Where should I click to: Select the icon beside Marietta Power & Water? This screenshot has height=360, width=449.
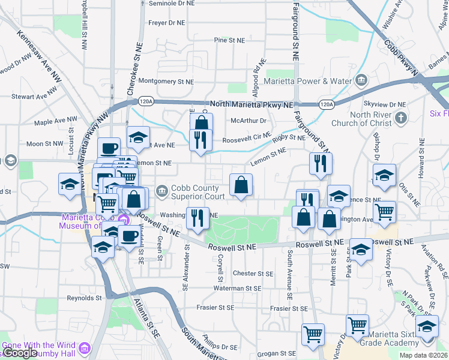click(361, 80)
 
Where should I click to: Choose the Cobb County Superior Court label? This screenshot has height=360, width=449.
click(198, 191)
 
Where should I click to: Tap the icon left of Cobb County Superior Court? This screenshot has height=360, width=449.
click(161, 191)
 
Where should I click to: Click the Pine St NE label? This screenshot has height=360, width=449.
click(230, 41)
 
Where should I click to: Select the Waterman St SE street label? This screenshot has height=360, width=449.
click(238, 289)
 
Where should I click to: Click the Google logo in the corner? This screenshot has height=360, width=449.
click(21, 353)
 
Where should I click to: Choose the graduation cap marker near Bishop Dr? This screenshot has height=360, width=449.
click(384, 175)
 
